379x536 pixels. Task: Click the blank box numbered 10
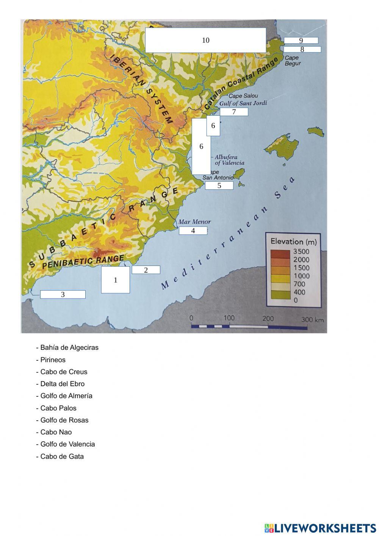click(x=205, y=40)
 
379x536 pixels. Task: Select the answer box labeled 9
click(x=301, y=41)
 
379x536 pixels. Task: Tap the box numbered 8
click(x=302, y=49)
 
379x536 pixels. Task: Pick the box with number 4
click(x=193, y=231)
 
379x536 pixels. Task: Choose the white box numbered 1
click(x=116, y=280)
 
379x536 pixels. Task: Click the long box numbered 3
click(x=63, y=294)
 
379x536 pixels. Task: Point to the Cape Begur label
click(x=292, y=61)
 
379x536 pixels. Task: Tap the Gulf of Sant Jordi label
click(x=243, y=103)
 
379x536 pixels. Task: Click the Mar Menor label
click(x=194, y=222)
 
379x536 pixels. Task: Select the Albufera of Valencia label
click(x=229, y=160)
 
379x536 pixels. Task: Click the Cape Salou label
click(x=243, y=96)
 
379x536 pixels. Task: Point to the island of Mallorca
click(x=281, y=146)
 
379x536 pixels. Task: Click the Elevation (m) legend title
click(x=293, y=242)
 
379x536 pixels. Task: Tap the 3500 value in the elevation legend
click(x=301, y=251)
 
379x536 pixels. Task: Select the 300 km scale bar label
click(x=312, y=319)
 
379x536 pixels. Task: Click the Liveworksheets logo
click(x=320, y=528)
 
